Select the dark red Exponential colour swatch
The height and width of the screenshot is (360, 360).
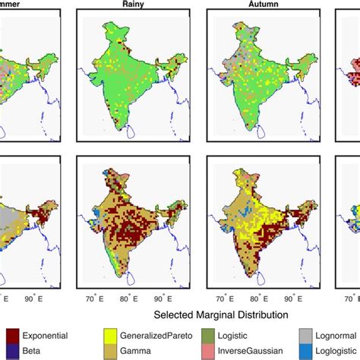pos(13,335)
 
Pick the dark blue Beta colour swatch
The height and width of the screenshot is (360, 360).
pos(13,349)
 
